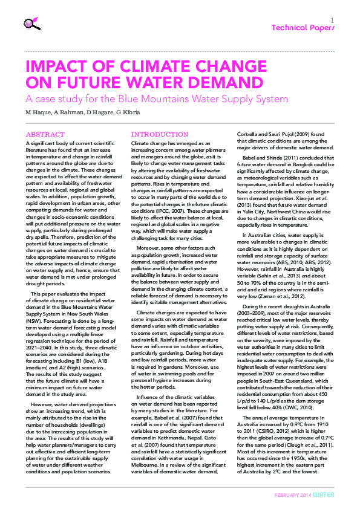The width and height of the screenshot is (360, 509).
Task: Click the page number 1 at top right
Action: pyautogui.click(x=332, y=20)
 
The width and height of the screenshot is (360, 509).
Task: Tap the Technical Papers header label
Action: pyautogui.click(x=302, y=28)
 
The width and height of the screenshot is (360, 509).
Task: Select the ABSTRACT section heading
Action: pyautogui.click(x=44, y=134)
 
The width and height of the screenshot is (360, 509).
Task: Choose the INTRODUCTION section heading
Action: pyautogui.click(x=159, y=134)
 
